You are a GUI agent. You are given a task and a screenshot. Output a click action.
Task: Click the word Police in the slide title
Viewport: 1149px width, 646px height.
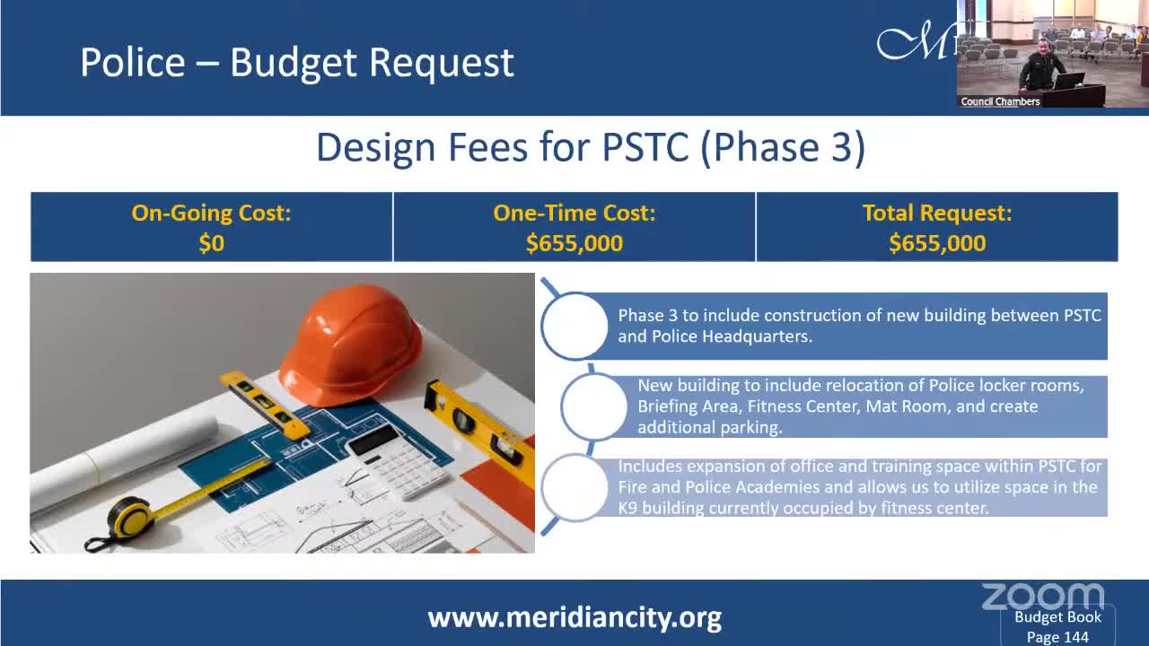[x=132, y=63]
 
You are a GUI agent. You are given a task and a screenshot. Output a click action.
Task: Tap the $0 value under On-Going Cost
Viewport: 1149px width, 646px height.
[x=211, y=243]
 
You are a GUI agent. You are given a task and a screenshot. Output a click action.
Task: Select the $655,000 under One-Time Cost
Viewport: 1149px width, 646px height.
[x=574, y=243]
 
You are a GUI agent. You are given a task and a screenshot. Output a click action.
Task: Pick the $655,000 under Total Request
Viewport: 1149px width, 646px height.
[x=937, y=243]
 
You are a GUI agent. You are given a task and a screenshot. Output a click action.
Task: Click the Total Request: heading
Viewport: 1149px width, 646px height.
[x=937, y=213]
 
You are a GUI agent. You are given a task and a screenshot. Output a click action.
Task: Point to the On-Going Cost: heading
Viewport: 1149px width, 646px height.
[x=211, y=213]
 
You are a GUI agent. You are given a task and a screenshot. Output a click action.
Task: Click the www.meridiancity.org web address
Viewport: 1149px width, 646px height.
[x=574, y=618]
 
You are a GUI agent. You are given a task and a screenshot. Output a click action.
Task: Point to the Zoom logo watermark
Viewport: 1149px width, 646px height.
[x=1042, y=597]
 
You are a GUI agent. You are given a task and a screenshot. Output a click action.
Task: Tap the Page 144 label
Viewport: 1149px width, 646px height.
[x=1057, y=637]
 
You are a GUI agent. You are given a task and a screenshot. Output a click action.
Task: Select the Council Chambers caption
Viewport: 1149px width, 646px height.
[x=1000, y=101]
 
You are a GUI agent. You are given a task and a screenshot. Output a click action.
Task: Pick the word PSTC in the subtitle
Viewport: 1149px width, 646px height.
[x=645, y=148]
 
